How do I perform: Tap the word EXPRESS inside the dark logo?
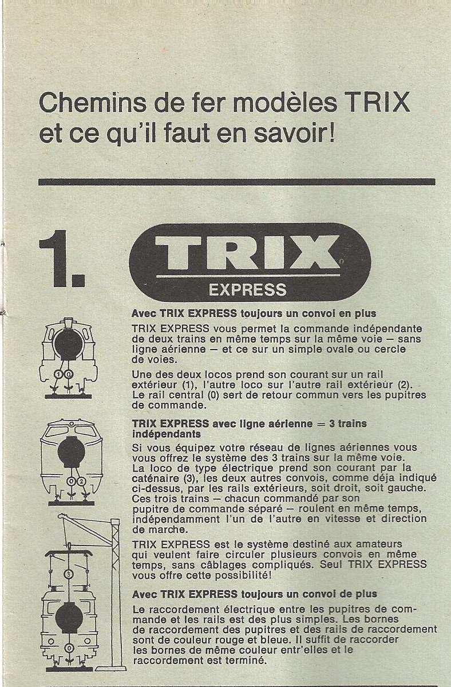pos(248,289)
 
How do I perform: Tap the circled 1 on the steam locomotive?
pos(60,374)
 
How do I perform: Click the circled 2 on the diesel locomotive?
pos(81,481)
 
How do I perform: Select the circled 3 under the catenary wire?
pos(69,574)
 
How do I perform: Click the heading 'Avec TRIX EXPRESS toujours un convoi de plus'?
pos(254,594)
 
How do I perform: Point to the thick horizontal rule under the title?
pos(236,182)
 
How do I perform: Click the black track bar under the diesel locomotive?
pos(72,503)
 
